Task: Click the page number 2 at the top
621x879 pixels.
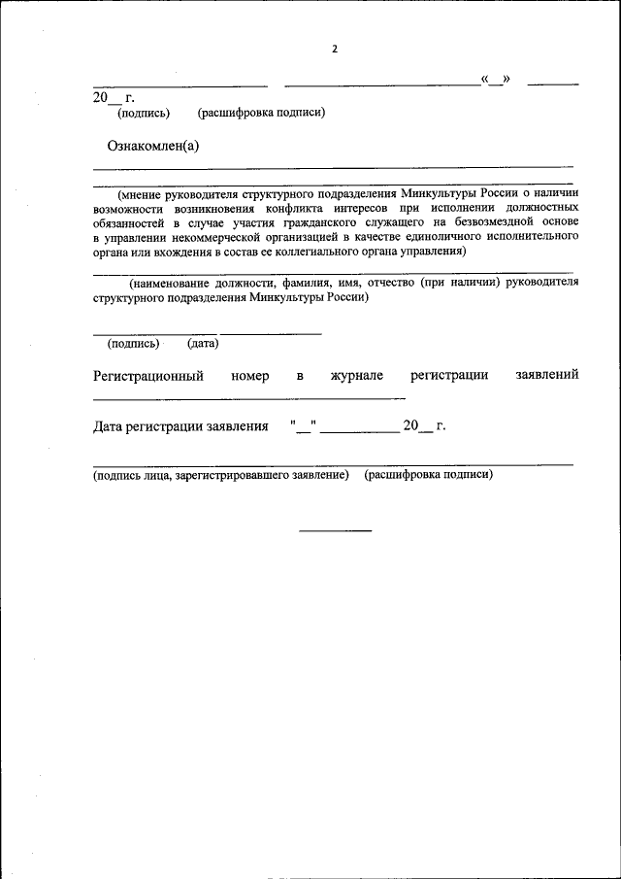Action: tap(333, 49)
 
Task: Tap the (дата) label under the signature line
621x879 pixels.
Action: tap(203, 343)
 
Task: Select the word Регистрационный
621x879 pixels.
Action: tap(148, 375)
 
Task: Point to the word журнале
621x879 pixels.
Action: tap(357, 375)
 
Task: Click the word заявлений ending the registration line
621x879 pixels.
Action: tap(547, 375)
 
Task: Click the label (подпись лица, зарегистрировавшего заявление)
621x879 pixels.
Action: tap(220, 476)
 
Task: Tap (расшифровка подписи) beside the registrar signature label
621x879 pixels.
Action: tap(428, 476)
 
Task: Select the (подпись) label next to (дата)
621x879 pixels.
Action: tap(134, 343)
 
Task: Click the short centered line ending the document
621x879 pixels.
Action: tap(335, 530)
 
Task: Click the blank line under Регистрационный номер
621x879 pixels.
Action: tap(249, 398)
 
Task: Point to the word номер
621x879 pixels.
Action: tap(250, 375)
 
